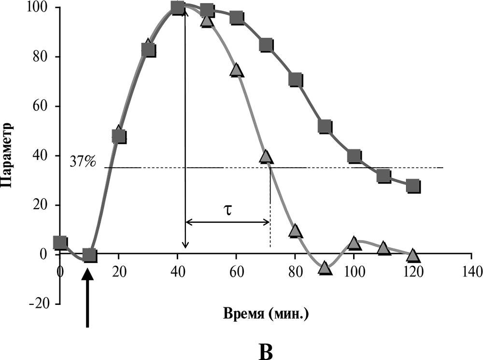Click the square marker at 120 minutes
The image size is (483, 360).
click(x=413, y=186)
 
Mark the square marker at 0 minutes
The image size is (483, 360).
click(x=60, y=243)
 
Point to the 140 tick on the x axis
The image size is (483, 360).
click(x=471, y=270)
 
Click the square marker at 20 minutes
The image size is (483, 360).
click(x=119, y=136)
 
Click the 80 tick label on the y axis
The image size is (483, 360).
click(x=46, y=57)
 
